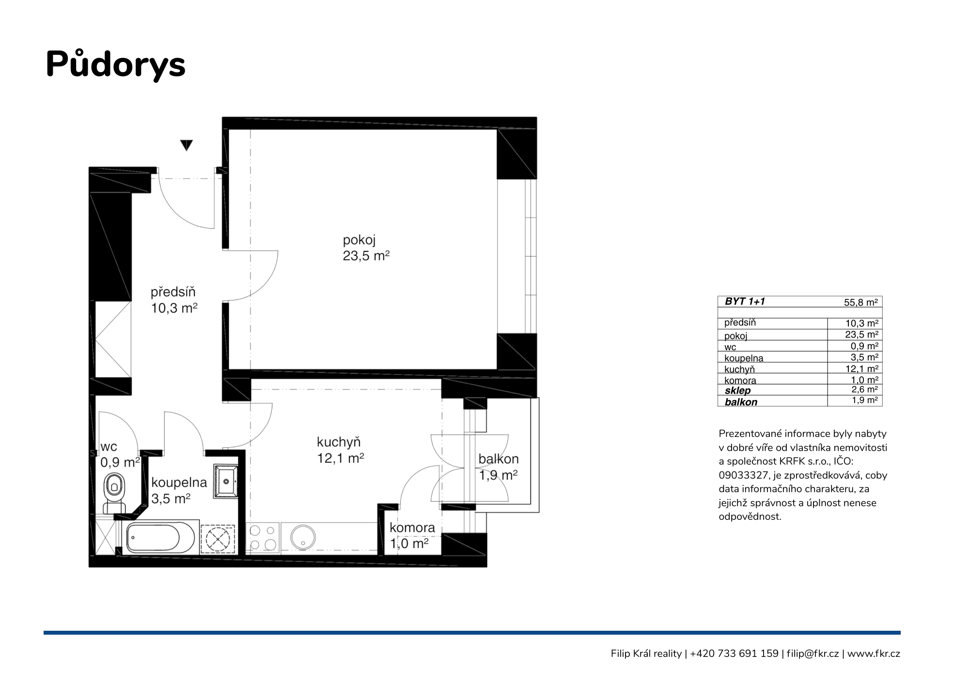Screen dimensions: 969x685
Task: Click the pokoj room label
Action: (359, 241)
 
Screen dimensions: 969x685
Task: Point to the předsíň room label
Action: (173, 292)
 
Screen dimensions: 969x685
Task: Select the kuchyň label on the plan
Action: (339, 442)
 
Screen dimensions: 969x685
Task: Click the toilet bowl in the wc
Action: (114, 486)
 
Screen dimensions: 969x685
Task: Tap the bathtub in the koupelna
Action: (160, 538)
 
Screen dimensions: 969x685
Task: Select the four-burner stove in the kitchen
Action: (263, 538)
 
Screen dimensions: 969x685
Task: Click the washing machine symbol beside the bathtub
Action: (218, 538)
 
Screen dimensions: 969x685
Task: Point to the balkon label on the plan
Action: (499, 459)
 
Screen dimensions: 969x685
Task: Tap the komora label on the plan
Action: (412, 528)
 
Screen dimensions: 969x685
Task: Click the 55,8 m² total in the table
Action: (861, 302)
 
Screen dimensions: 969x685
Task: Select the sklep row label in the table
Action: (737, 390)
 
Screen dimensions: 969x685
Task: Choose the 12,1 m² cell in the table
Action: (862, 369)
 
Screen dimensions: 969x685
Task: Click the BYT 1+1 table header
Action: (745, 301)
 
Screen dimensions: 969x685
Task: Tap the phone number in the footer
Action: (734, 654)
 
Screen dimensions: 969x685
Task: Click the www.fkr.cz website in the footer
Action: (874, 654)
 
